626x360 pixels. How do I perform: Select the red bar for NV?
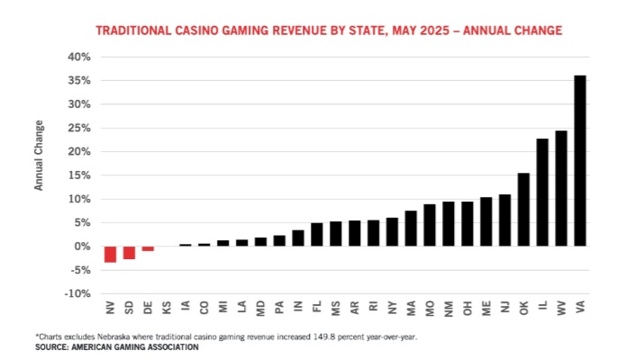pos(110,254)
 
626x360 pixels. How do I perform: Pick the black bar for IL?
pos(542,192)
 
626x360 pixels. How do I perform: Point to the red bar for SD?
pos(129,252)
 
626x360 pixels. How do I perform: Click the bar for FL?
pos(317,234)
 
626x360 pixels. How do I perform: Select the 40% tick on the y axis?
pos(79,57)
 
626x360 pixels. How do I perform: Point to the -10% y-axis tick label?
pos(78,293)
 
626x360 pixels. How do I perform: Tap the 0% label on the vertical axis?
pos(83,246)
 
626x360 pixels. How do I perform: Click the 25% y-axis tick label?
pos(79,128)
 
